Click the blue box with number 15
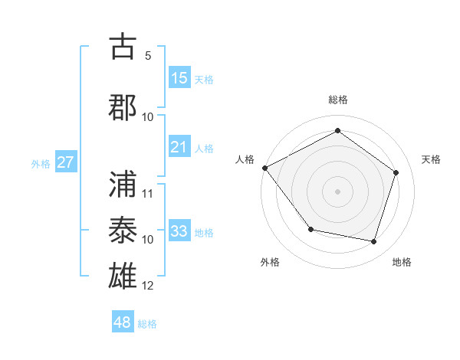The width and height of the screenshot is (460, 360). [x=179, y=78]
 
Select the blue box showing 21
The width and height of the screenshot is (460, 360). [x=179, y=148]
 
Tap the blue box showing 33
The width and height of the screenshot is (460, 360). [x=179, y=231]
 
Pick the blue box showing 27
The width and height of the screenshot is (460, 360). [x=65, y=162]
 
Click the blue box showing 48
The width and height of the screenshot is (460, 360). [x=123, y=322]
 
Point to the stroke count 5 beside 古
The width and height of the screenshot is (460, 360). [x=147, y=56]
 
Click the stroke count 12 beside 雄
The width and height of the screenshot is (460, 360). [x=148, y=286]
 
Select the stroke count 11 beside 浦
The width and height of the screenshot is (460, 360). [x=148, y=193]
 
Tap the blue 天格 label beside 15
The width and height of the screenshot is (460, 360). [x=204, y=80]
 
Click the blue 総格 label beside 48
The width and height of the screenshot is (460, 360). [x=147, y=324]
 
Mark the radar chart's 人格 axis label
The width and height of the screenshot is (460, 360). [x=245, y=159]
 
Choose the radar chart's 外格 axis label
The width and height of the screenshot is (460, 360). [x=270, y=262]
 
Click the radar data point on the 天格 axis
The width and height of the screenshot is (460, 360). [x=396, y=172]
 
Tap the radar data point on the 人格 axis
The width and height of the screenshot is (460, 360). [x=265, y=168]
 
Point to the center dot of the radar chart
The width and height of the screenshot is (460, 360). [x=337, y=191]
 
